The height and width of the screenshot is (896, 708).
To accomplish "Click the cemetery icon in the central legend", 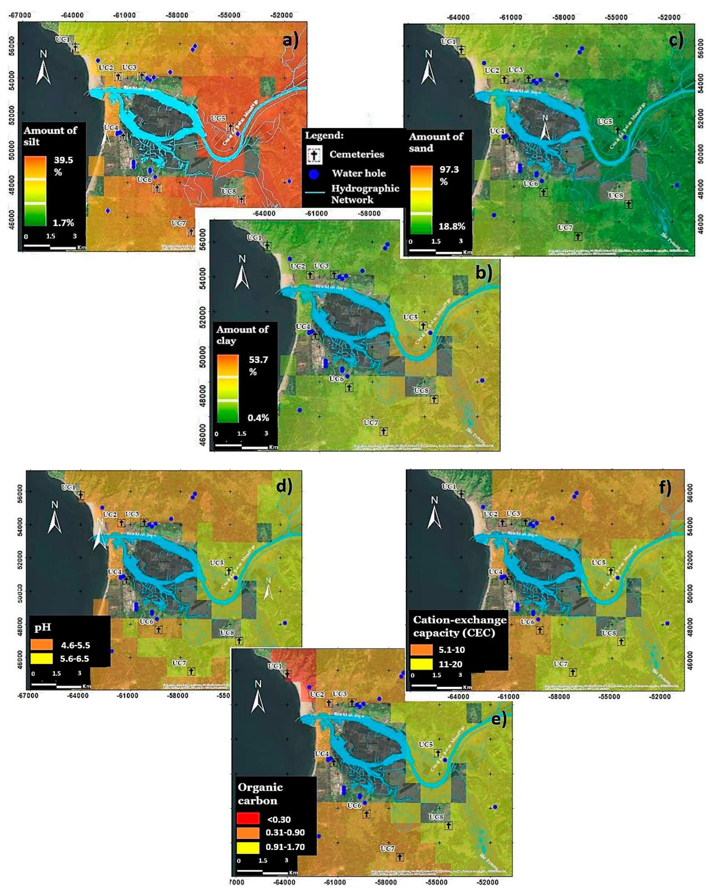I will click(x=314, y=154).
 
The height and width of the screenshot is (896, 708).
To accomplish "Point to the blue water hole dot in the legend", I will click(x=314, y=174).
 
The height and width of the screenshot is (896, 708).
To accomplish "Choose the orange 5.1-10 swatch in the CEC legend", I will click(x=422, y=650).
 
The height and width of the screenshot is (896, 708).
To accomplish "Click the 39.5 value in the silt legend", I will click(x=63, y=160).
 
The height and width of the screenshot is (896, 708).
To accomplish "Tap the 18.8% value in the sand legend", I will click(x=452, y=226).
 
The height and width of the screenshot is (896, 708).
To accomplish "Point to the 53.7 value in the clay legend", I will click(x=258, y=360).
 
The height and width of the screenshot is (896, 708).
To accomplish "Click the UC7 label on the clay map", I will click(x=371, y=422).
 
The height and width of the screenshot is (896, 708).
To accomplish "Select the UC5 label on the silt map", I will click(x=218, y=118).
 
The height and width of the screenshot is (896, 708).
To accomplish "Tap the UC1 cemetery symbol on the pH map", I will click(x=81, y=495).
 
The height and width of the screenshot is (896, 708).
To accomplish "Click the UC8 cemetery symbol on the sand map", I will click(x=628, y=204).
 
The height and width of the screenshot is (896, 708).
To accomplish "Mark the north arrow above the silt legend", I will click(x=43, y=67).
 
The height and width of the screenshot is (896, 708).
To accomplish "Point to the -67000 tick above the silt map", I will click(x=21, y=15).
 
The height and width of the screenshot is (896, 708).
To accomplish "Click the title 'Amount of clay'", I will click(x=242, y=335).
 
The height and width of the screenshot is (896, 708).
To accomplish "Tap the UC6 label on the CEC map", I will click(x=528, y=622).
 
